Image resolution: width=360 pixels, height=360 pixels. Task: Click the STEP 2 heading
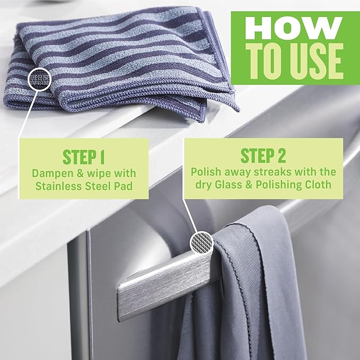263,156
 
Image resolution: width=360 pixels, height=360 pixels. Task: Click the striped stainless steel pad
122,64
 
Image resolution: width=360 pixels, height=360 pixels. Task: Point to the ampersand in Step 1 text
83,173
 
